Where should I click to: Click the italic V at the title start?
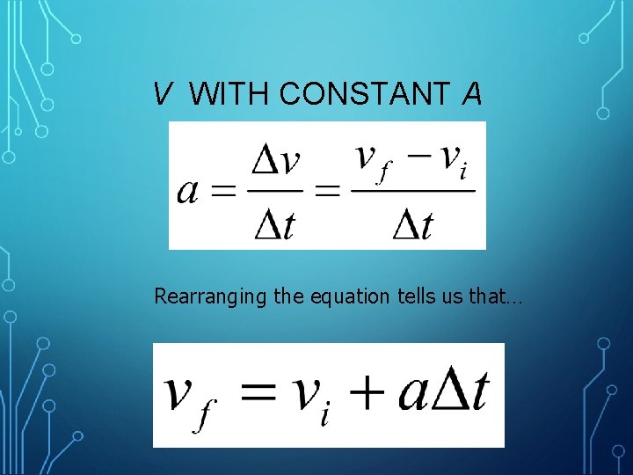(x=162, y=93)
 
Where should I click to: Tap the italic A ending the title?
(x=472, y=93)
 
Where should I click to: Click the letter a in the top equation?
(x=188, y=189)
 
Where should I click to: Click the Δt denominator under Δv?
(x=275, y=223)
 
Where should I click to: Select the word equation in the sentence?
(x=345, y=297)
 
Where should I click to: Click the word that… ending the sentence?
(x=496, y=296)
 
